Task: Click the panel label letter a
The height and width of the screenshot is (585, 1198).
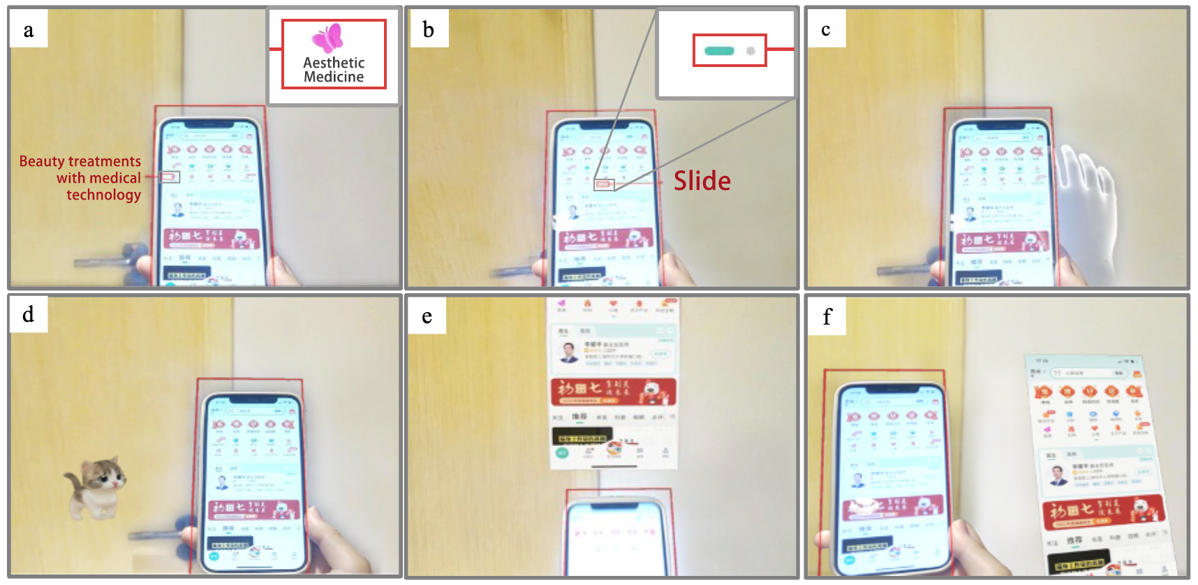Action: pos(29,30)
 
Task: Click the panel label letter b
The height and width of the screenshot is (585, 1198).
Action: pos(428,30)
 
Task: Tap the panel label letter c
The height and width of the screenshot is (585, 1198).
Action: pos(826,29)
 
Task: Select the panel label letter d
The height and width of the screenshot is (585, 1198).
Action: pos(28,314)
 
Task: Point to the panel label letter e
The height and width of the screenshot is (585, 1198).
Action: pos(427,316)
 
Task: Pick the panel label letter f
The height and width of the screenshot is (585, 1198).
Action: pos(827,317)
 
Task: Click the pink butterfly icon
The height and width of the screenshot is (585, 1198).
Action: pos(327,38)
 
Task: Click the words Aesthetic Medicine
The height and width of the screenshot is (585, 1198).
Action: pos(334,70)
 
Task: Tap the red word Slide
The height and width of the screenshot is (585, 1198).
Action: pos(702,182)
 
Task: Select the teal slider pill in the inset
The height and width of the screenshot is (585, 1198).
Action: pos(719,51)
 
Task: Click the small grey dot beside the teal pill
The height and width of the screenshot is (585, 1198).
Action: pos(750,51)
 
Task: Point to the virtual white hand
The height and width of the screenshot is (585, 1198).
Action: pos(1086,209)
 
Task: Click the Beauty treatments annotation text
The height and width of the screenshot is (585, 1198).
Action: pos(81,178)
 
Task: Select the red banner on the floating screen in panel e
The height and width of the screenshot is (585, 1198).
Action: pos(613,392)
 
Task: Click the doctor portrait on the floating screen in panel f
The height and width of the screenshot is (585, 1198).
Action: pos(1059,475)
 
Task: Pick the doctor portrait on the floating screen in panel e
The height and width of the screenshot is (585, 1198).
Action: pos(569,351)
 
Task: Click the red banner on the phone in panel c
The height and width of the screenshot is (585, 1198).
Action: pos(1003,242)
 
